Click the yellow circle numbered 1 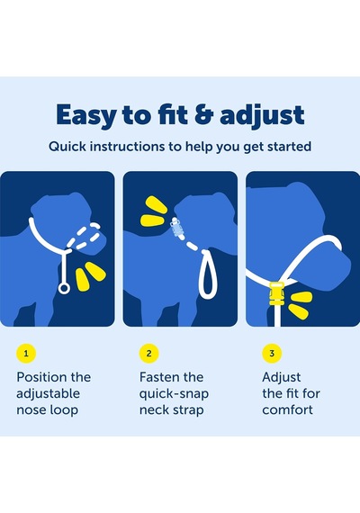coord(26,354)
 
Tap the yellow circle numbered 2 coord(148,354)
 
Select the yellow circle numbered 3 coord(272,354)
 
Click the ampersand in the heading coord(204,114)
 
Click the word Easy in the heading coord(86,115)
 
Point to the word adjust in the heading coord(262,115)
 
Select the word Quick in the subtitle coord(67,147)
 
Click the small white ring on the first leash coord(64,288)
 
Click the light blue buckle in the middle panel coord(175,228)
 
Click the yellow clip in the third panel coord(277,293)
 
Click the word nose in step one coord(31,409)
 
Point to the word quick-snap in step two coord(174,394)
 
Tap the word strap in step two coord(188,410)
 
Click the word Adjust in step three coord(282,378)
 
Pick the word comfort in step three coord(288,409)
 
